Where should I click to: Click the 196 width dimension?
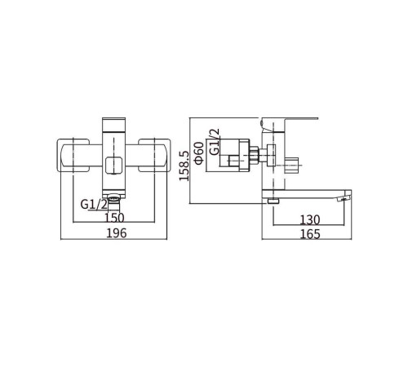pos(117,233)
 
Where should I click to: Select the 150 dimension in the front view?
pos(114,218)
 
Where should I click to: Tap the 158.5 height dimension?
pos(184,166)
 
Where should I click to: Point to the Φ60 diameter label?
pos(199,153)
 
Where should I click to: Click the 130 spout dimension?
pos(310,219)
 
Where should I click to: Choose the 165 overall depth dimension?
pos(310,234)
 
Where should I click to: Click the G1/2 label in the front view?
pos(94,204)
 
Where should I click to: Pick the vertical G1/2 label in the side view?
pos(215,142)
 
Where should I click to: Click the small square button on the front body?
pos(114,166)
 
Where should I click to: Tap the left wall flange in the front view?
pos(73,156)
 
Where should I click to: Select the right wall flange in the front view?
pos(154,156)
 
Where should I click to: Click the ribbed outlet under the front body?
pos(114,198)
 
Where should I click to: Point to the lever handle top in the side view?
pos(289,121)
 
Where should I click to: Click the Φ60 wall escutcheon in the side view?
pos(244,155)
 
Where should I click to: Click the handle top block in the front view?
pos(114,125)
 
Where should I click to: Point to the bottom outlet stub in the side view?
pos(273,201)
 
